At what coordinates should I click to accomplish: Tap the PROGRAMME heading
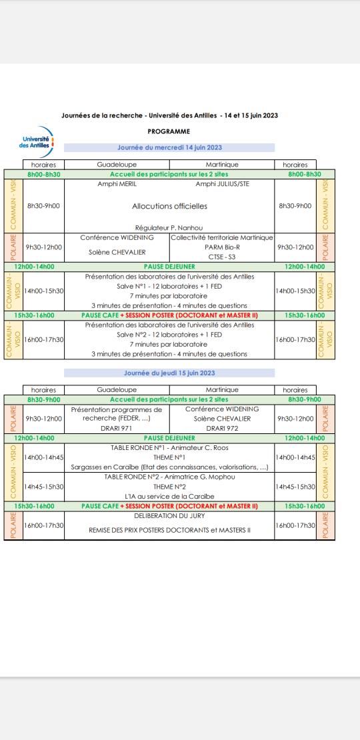169,131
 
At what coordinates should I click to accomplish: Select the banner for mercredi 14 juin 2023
169,147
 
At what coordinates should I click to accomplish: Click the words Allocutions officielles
169,206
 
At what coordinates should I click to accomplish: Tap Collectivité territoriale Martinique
222,237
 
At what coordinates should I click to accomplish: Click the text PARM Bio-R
222,247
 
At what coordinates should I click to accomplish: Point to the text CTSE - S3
222,256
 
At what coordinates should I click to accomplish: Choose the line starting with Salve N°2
169,335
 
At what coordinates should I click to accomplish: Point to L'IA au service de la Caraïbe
169,497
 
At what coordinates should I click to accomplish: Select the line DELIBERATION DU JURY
169,516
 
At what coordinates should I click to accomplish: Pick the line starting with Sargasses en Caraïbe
169,467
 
